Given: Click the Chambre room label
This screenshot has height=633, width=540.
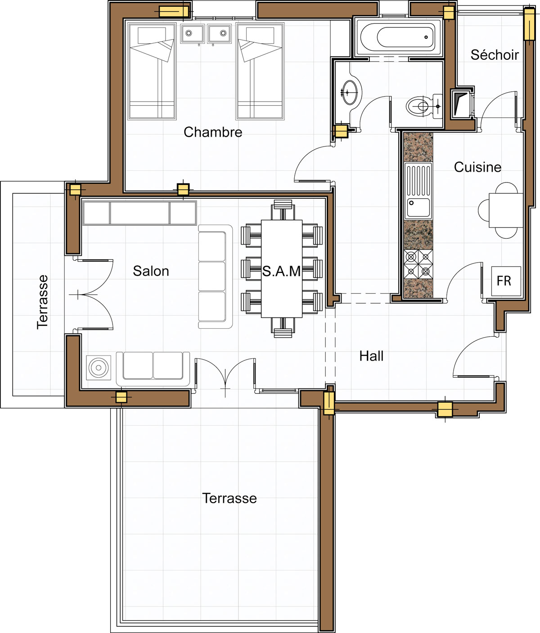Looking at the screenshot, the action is click(213, 132).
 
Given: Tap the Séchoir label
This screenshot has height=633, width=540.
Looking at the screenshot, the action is click(495, 55).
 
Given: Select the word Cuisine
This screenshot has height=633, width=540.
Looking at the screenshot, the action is click(477, 167).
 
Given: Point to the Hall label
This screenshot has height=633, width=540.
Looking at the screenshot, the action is click(371, 356).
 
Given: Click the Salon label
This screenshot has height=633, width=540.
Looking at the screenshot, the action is click(151, 271).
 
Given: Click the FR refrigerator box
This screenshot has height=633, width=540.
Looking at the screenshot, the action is click(506, 281).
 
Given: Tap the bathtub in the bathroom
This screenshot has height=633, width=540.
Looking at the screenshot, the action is click(397, 37).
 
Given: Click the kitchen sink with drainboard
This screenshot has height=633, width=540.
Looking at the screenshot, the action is click(418, 191).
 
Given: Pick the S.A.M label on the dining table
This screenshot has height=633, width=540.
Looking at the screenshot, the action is click(281, 272).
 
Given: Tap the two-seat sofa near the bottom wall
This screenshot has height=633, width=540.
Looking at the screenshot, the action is click(153, 369).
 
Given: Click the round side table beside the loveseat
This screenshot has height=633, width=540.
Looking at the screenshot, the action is click(99, 367).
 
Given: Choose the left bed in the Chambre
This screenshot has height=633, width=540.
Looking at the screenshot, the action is click(152, 71).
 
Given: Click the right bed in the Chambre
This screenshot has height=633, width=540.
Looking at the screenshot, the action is click(260, 71).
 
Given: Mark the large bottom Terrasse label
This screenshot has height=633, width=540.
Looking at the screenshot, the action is click(229, 498).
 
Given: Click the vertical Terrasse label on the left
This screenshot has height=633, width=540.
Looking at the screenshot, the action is click(42, 302).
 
